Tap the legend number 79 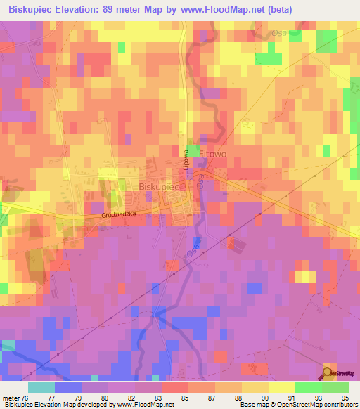pyautogui.click(x=94, y=397)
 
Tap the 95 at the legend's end pyautogui.click(x=345, y=397)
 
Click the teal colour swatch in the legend pyautogui.click(x=41, y=387)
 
